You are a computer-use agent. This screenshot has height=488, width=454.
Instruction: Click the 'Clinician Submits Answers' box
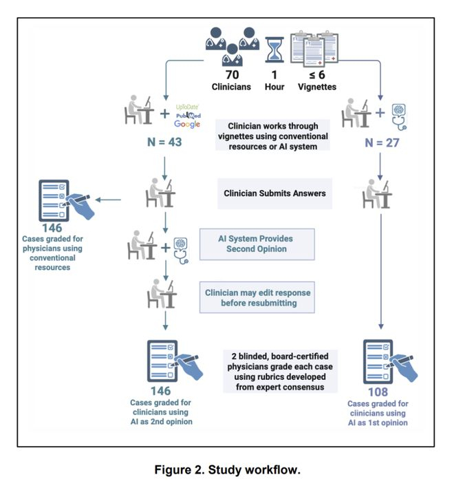coord(274,193)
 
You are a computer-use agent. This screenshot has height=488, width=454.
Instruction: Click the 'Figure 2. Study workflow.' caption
coord(226,470)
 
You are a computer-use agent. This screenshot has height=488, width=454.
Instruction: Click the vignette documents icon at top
coord(316,47)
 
